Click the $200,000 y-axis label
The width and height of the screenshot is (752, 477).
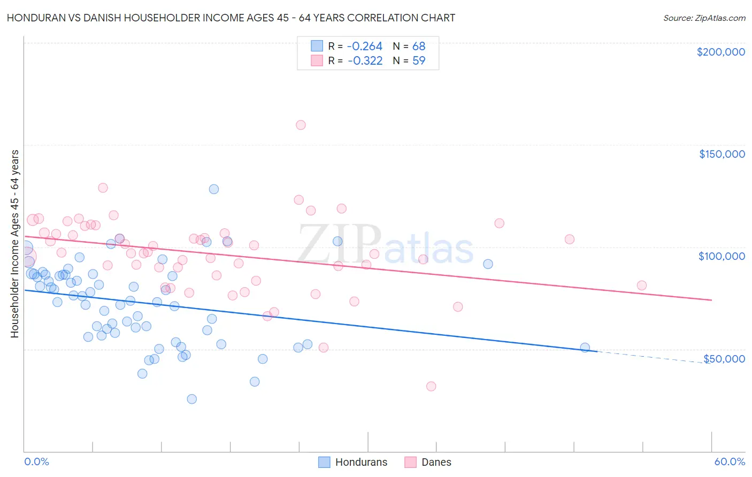coord(720,52)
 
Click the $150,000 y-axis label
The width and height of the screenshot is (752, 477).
coord(722,154)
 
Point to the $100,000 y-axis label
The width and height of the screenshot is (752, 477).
coord(722,256)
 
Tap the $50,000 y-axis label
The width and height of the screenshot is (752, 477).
coord(724,358)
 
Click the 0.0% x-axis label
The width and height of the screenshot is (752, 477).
coord(36,461)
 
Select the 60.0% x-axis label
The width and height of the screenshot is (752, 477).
coord(730,461)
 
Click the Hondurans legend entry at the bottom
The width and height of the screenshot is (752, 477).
coord(353,462)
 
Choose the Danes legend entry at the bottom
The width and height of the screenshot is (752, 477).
coord(428,462)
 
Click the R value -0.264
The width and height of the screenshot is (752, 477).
coord(365,46)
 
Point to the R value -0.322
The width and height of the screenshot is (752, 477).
coord(365,60)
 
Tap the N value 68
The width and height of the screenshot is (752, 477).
coord(419,46)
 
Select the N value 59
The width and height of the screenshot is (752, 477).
coord(419,60)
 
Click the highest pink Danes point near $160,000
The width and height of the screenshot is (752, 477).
coord(301,125)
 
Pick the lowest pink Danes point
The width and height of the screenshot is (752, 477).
coord(431,386)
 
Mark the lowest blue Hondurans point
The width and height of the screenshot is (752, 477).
coord(191,399)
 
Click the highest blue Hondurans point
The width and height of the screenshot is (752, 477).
coord(214,189)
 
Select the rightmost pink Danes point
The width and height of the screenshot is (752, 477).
coord(642,286)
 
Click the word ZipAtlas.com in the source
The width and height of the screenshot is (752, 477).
coord(721,18)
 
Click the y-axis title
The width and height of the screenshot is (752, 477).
coord(15,244)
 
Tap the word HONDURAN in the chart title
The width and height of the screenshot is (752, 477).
coord(32,18)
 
